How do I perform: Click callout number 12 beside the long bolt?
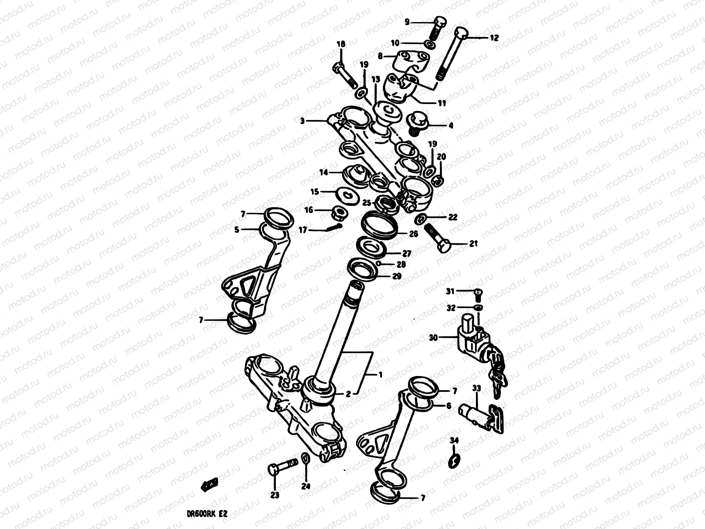(x=494, y=38)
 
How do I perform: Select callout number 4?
(x=451, y=126)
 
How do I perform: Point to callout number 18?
(x=341, y=44)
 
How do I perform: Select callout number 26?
(x=413, y=235)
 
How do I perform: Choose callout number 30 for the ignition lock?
(x=433, y=338)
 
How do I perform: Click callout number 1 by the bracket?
(x=380, y=375)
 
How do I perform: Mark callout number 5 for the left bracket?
(x=237, y=230)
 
